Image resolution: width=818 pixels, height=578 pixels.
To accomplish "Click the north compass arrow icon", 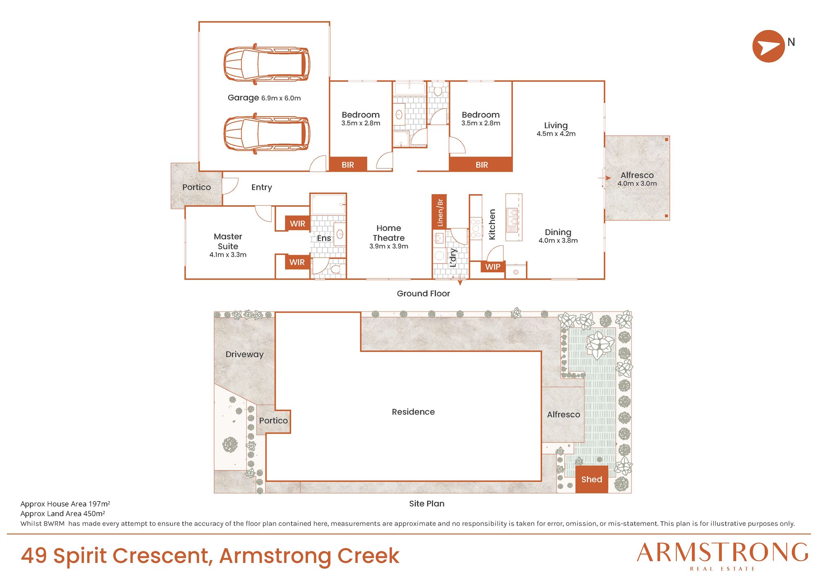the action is (x=769, y=46).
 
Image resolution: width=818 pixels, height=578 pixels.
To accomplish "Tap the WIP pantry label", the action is (x=493, y=267).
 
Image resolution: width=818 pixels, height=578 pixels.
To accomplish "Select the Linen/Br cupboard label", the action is (x=440, y=212).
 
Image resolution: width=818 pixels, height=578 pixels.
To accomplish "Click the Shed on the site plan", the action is (x=591, y=479).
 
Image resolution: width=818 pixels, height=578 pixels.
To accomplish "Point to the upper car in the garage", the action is (x=267, y=64).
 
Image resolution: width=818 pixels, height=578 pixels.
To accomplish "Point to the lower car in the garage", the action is (x=267, y=133).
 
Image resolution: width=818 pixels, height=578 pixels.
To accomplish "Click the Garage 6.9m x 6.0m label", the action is (x=264, y=98).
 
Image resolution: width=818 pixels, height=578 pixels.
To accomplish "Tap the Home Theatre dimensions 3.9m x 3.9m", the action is (x=389, y=246).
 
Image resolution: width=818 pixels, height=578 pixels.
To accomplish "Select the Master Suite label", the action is (x=228, y=241).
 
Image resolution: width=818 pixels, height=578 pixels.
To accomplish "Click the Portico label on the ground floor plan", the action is (x=196, y=187).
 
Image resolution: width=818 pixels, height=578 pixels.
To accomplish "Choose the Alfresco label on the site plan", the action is (x=564, y=414).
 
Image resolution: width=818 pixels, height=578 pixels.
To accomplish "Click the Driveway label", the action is (x=245, y=354).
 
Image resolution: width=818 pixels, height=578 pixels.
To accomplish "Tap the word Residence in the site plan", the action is (x=413, y=412).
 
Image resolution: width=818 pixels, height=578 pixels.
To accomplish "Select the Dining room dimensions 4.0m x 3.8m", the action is (x=558, y=240).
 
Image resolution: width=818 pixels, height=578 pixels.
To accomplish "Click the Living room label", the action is (x=556, y=125).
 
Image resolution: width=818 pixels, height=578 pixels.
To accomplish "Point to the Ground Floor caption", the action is (x=423, y=293).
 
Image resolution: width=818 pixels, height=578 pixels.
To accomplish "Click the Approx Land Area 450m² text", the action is (x=63, y=513).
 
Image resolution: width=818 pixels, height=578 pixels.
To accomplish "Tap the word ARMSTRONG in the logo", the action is (x=722, y=553).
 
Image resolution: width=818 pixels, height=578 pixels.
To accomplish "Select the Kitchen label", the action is (x=492, y=224).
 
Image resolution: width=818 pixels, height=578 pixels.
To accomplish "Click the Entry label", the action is (x=261, y=187).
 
